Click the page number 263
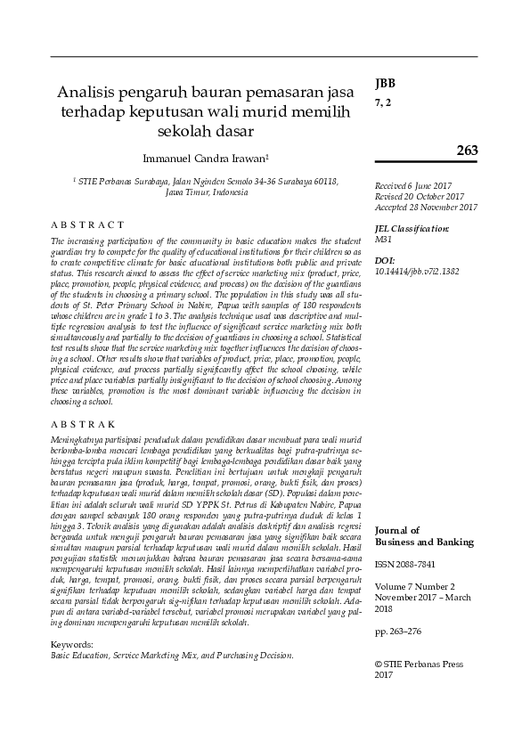coord(467,149)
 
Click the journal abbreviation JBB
coord(385,85)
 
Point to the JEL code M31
coord(384,240)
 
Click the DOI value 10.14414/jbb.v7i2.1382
coord(418,270)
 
